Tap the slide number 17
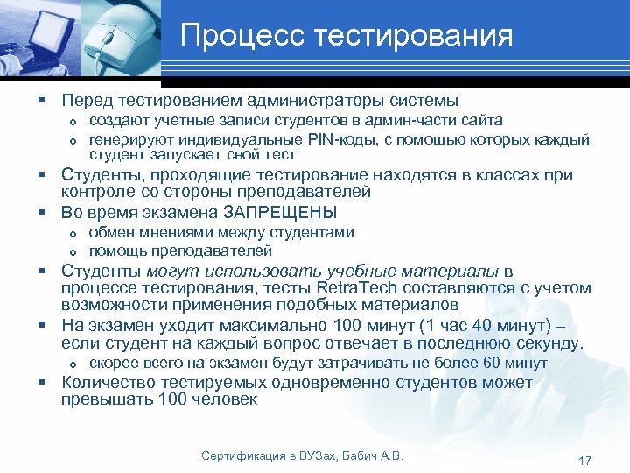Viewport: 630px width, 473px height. [x=585, y=461]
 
